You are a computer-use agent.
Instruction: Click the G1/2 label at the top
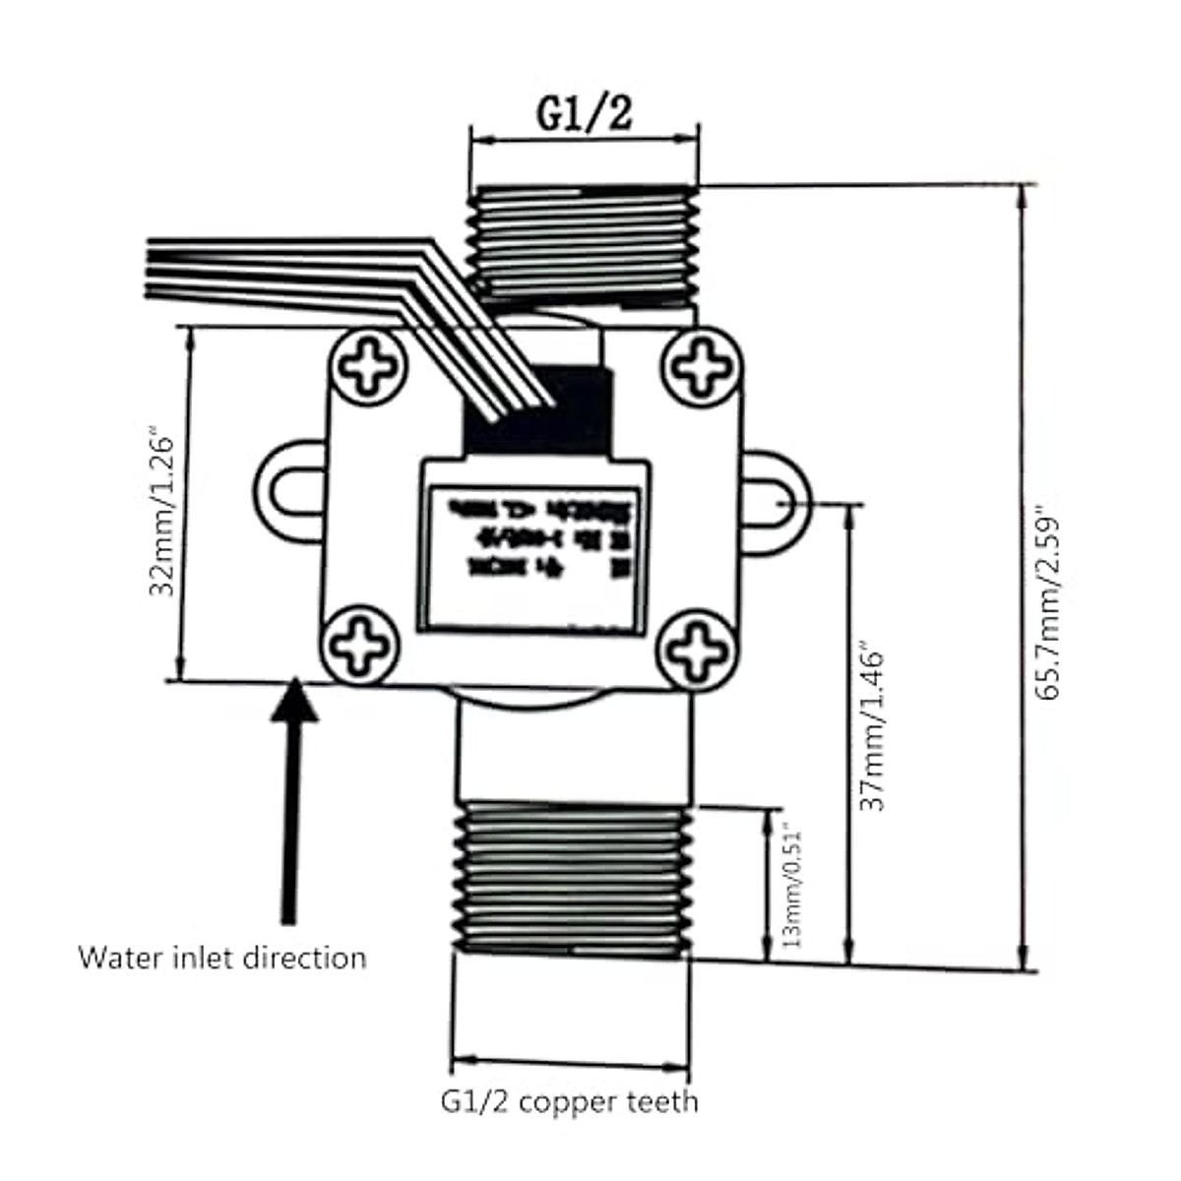(x=584, y=114)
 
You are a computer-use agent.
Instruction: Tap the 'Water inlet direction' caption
(x=222, y=958)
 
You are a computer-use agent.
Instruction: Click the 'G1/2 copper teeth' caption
(x=569, y=1100)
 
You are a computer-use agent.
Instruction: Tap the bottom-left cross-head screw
(x=361, y=646)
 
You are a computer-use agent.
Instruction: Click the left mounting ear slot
(x=291, y=492)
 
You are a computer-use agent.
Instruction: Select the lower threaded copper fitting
(x=571, y=879)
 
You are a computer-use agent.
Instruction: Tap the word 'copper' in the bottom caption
(x=569, y=1101)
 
